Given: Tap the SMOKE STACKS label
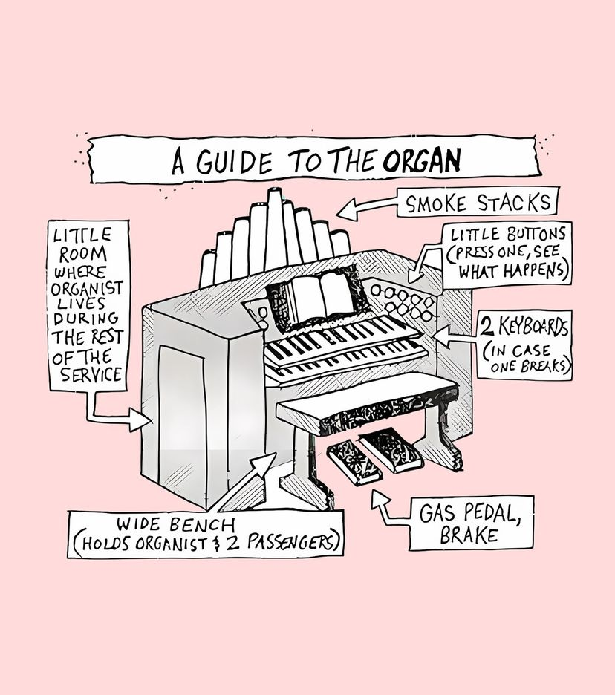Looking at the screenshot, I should point(478,203).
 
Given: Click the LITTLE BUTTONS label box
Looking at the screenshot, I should point(508,253).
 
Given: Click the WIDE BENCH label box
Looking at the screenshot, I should point(206,533).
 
